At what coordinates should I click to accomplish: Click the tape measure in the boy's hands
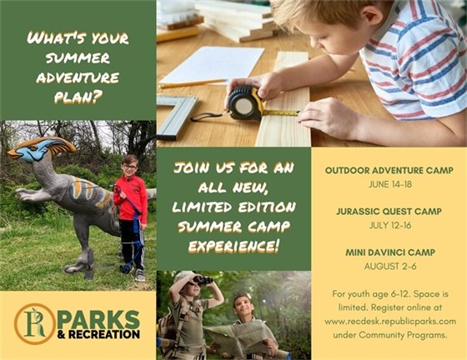point(245,102)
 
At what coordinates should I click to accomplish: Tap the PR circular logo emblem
point(35,324)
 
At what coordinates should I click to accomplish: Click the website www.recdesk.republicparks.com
point(389,320)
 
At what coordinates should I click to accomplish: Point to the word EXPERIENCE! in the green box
point(233,247)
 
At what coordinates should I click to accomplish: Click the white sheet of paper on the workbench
point(213,65)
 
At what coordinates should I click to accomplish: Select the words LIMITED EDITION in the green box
point(233,207)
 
